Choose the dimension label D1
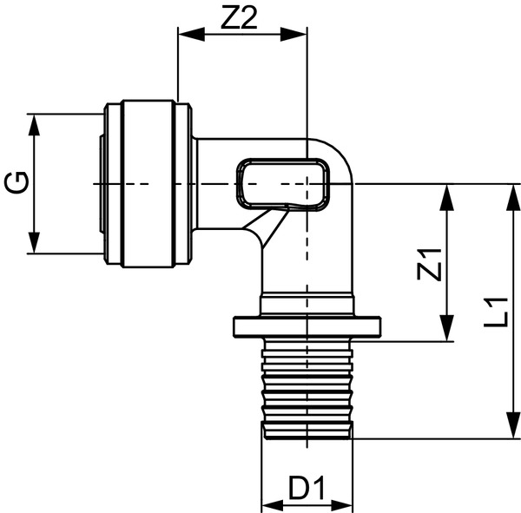click(307, 490)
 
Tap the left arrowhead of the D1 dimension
click(270, 503)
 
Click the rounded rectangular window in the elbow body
click(284, 183)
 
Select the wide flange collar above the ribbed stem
click(307, 327)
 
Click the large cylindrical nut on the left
click(148, 183)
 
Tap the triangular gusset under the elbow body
click(265, 229)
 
